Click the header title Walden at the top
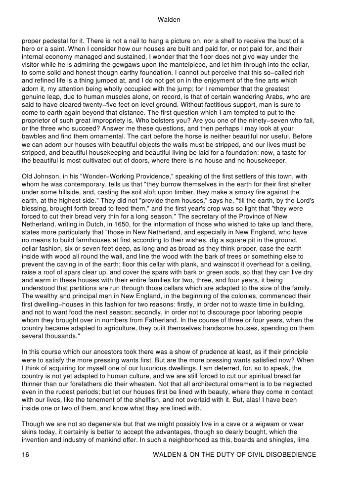click(168, 20)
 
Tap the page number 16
click(25, 455)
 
